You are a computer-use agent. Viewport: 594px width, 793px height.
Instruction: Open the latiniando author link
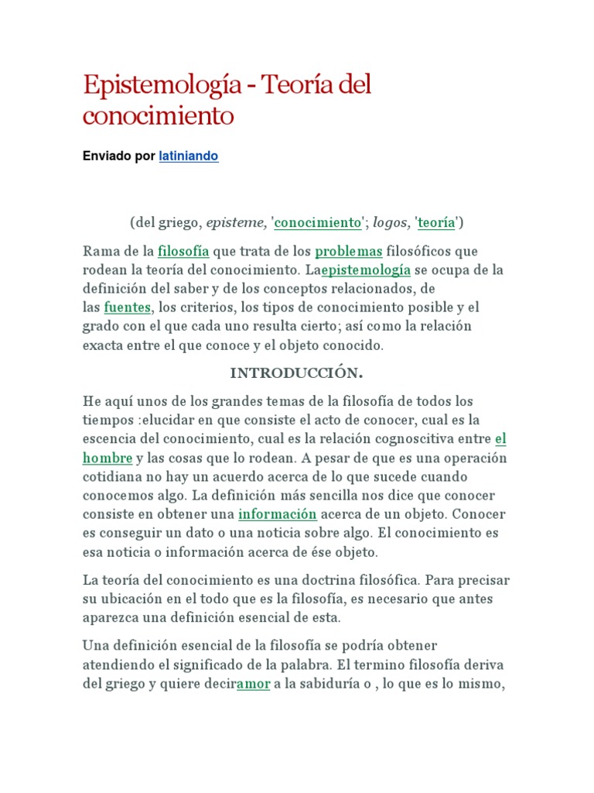tap(188, 156)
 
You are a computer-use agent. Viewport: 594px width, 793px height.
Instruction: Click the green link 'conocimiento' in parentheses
tap(318, 223)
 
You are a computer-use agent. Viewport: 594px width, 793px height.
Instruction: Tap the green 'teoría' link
tap(437, 223)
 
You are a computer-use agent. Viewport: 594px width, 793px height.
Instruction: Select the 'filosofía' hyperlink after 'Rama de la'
tap(183, 251)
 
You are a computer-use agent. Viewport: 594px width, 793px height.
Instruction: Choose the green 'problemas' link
tap(348, 251)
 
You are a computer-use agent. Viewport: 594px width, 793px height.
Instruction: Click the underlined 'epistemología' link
tap(366, 269)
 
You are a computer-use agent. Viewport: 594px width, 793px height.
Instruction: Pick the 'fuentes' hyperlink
tap(128, 307)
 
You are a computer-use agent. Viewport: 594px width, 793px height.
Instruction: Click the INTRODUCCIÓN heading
tap(296, 373)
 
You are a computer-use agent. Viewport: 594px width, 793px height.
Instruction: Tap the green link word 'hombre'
tap(108, 457)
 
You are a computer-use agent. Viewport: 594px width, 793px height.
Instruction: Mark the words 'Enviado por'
tap(119, 156)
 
